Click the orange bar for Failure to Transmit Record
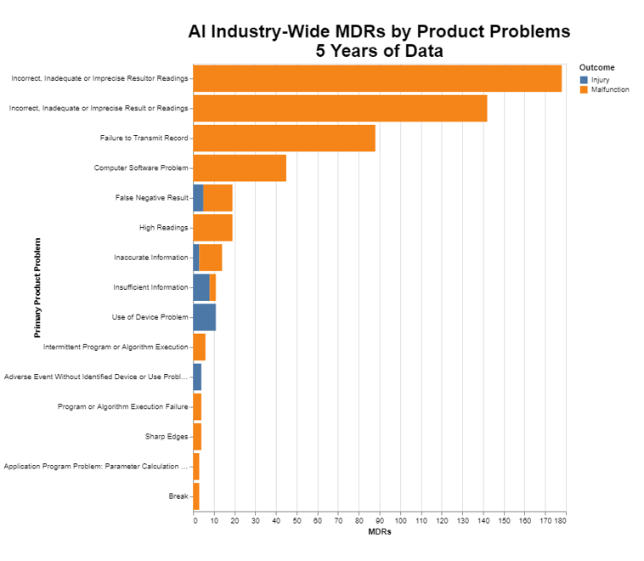pos(284,138)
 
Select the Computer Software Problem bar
pos(240,167)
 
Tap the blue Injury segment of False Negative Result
pos(198,197)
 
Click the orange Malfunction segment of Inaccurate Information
pos(210,257)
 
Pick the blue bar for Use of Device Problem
pos(204,317)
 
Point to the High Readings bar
pos(212,228)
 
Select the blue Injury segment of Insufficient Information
pos(201,287)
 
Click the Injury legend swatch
pos(583,80)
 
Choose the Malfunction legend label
pos(610,89)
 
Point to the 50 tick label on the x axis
pos(297,518)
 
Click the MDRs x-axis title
pos(379,531)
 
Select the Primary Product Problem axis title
pos(37,287)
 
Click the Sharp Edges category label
pos(167,437)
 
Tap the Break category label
pos(178,496)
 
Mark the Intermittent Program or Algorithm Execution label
pos(116,347)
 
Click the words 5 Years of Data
pos(379,51)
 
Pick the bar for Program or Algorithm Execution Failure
pos(197,406)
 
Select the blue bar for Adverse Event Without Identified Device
pos(197,377)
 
